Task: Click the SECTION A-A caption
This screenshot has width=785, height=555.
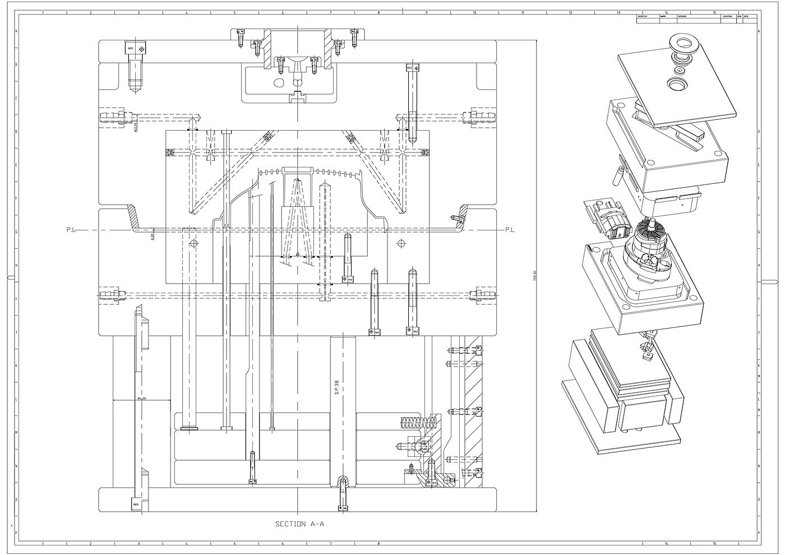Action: coord(300,524)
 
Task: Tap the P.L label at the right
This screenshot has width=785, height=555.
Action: coord(510,229)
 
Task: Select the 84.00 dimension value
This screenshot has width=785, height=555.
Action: coord(141,399)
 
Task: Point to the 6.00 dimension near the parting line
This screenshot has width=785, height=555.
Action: coord(152,236)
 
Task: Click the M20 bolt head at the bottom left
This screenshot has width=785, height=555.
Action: coord(136,504)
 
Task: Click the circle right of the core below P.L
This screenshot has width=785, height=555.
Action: coord(401,243)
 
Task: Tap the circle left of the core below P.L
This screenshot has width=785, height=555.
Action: coord(194,243)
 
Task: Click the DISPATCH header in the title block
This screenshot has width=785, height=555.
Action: coord(643,17)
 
